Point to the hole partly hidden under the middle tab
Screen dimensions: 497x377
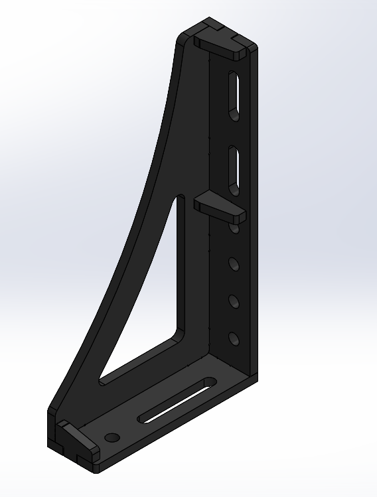click(x=235, y=228)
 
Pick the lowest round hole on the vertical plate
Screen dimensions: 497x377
click(x=234, y=339)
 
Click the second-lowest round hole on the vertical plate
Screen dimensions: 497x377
click(x=234, y=302)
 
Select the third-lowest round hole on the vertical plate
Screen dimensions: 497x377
click(x=234, y=265)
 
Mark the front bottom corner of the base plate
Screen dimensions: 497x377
click(x=98, y=472)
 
